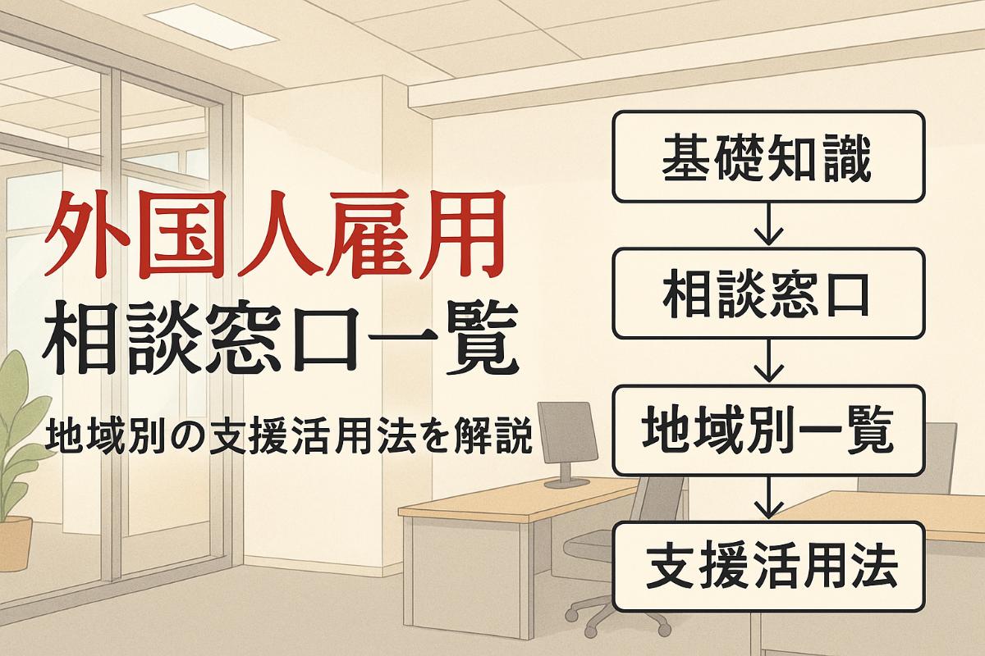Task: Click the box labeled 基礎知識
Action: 767,157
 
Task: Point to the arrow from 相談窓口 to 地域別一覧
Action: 767,361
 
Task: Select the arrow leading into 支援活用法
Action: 767,498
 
